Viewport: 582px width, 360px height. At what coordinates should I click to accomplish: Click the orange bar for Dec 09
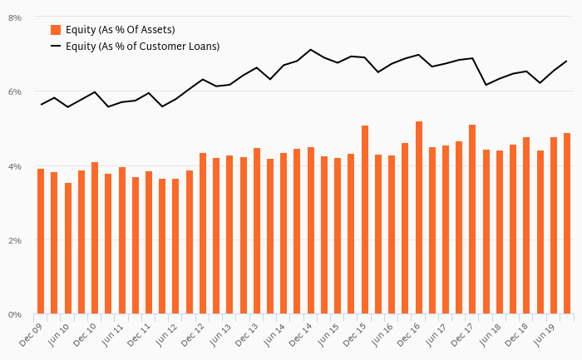pyautogui.click(x=41, y=241)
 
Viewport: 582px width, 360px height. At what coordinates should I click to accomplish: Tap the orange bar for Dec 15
pyautogui.click(x=365, y=219)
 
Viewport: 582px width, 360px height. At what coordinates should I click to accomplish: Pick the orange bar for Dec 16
pyautogui.click(x=419, y=218)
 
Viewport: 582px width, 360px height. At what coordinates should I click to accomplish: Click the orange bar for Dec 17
pyautogui.click(x=472, y=219)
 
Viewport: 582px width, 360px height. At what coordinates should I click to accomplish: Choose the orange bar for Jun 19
pyautogui.click(x=554, y=225)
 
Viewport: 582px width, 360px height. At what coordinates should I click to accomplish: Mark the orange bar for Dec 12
pyautogui.click(x=203, y=234)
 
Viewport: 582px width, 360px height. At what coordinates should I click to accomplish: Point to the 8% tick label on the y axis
pyautogui.click(x=15, y=17)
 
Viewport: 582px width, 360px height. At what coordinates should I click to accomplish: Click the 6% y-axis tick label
pyautogui.click(x=15, y=91)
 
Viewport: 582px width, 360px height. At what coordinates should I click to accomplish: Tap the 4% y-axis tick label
pyautogui.click(x=15, y=166)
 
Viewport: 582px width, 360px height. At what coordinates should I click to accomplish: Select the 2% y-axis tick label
pyautogui.click(x=15, y=240)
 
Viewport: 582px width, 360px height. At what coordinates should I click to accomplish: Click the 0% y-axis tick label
pyautogui.click(x=15, y=315)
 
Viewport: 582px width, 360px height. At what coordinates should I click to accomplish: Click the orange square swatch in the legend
pyautogui.click(x=56, y=30)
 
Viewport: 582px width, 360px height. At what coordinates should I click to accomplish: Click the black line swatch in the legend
pyautogui.click(x=56, y=47)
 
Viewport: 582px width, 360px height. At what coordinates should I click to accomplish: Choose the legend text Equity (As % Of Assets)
pyautogui.click(x=120, y=30)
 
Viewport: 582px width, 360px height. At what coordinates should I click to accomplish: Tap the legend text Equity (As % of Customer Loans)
pyautogui.click(x=142, y=47)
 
